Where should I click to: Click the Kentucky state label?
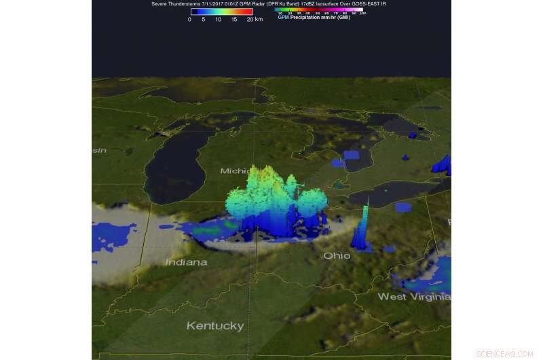point(215,326)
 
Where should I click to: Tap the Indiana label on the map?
point(186,262)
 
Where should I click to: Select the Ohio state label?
point(337,255)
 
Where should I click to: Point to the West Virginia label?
point(413,297)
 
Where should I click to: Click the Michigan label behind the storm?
point(235,171)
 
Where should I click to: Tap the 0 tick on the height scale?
point(189,20)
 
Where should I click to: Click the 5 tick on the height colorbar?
point(204,20)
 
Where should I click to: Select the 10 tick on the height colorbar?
point(219,20)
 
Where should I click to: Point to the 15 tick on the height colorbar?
point(234,20)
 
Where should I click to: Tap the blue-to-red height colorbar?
point(221,12)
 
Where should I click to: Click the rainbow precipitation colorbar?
point(319,10)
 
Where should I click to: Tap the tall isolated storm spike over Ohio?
point(362,228)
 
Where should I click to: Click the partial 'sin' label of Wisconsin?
point(99,150)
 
